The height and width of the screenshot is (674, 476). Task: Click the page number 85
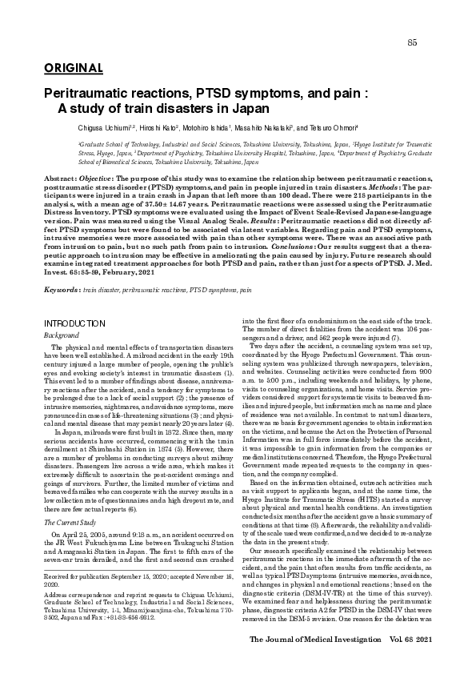[x=412, y=42]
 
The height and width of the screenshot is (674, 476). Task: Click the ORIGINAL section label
[x=68, y=67]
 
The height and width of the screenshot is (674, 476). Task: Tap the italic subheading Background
[x=62, y=334]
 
